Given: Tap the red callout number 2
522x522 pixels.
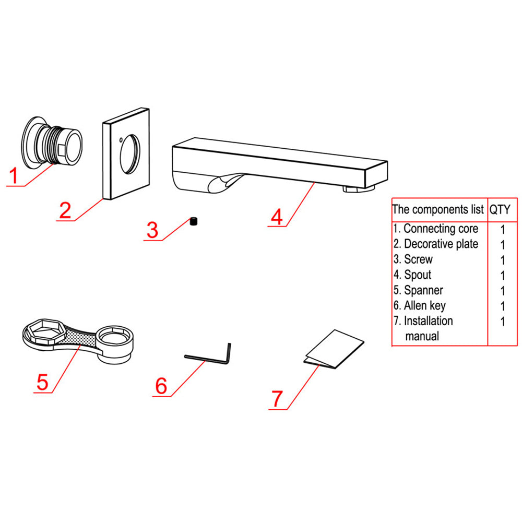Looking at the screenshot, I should click(x=65, y=210).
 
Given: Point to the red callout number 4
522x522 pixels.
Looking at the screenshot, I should click(x=277, y=216).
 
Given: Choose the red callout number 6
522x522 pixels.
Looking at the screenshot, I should click(x=161, y=386).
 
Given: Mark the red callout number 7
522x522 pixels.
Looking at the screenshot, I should click(x=277, y=399).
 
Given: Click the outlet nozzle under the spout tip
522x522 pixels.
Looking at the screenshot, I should click(x=359, y=188).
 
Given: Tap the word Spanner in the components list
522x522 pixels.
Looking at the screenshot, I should click(x=423, y=290).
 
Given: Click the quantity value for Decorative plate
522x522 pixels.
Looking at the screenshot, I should click(x=503, y=244).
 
